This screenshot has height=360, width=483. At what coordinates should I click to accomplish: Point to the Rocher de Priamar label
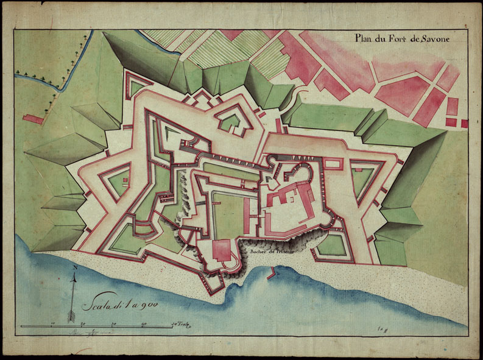(x=268, y=250)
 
